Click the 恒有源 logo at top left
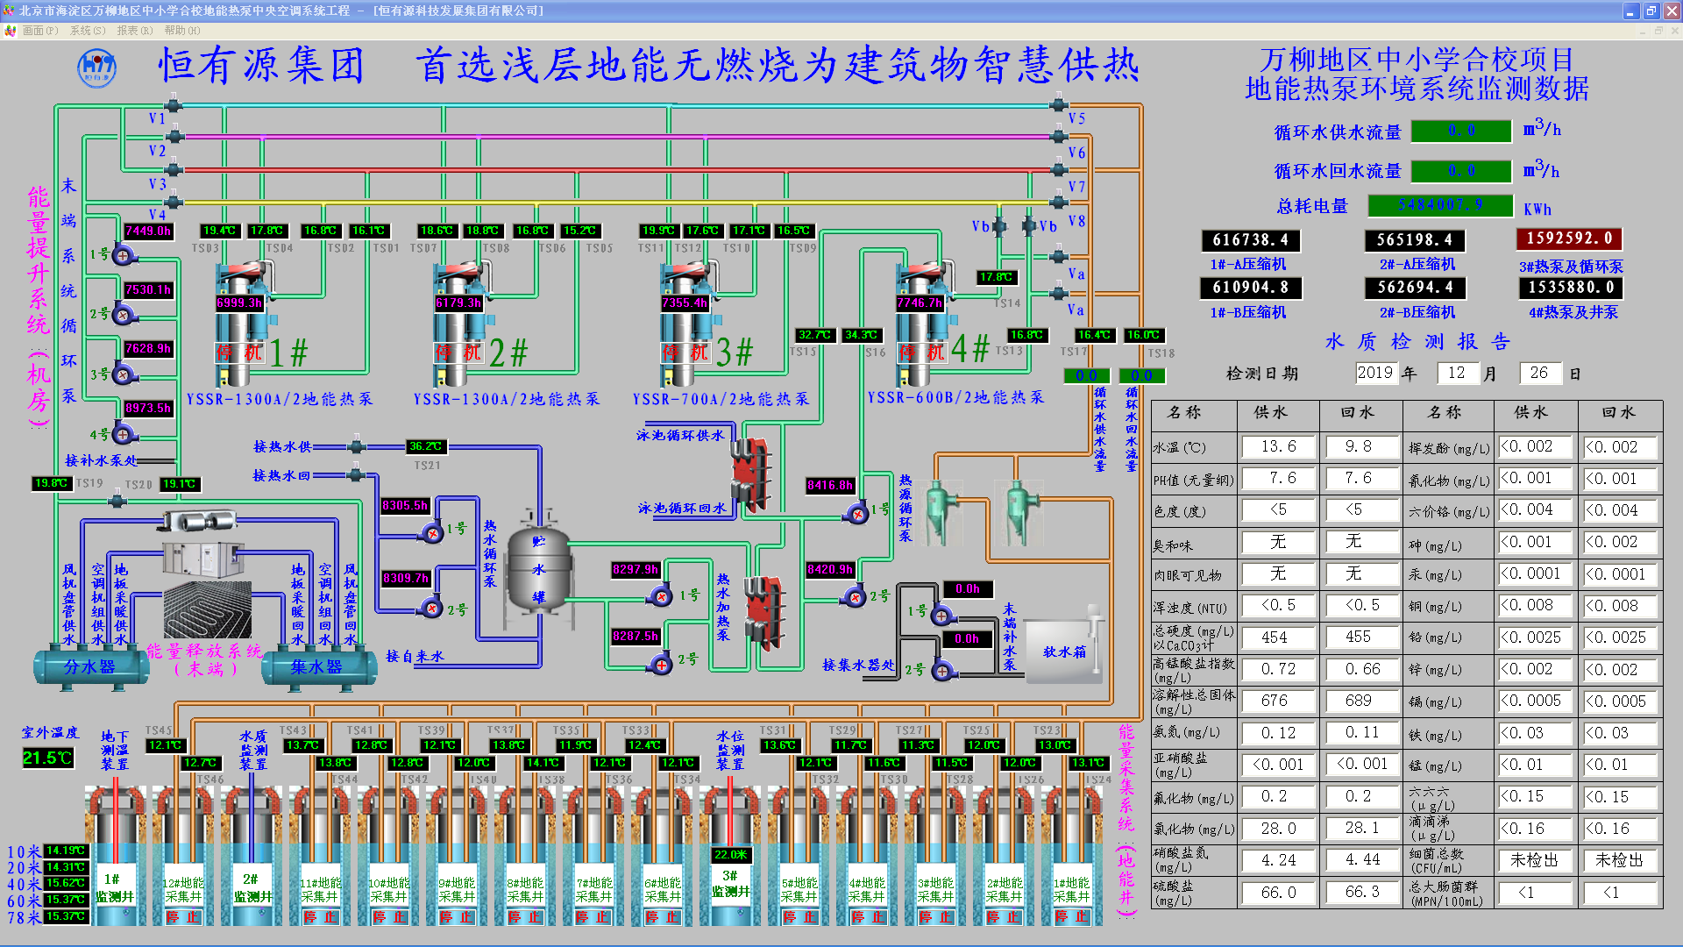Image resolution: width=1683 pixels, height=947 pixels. pyautogui.click(x=96, y=68)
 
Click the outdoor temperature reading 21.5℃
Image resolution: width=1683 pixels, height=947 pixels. pyautogui.click(x=47, y=758)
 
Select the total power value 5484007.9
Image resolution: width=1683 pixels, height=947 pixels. pyautogui.click(x=1440, y=205)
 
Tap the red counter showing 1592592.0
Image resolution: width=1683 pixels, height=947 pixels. pyautogui.click(x=1569, y=239)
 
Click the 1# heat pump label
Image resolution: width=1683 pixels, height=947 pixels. pyautogui.click(x=288, y=352)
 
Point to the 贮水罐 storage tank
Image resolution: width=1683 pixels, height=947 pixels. pyautogui.click(x=538, y=569)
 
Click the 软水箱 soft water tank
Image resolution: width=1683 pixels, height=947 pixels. pyautogui.click(x=1063, y=652)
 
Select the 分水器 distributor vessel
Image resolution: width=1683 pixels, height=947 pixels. pyautogui.click(x=89, y=666)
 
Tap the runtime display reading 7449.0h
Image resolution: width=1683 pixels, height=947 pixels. pyautogui.click(x=148, y=231)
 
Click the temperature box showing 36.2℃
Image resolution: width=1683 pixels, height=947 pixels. pyautogui.click(x=426, y=446)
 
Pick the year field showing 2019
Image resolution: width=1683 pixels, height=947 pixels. pyautogui.click(x=1374, y=373)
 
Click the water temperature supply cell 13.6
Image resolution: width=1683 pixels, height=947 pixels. pyautogui.click(x=1278, y=446)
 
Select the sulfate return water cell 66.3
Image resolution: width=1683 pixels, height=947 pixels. pyautogui.click(x=1362, y=892)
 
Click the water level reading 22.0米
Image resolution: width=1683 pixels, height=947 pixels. pyautogui.click(x=730, y=855)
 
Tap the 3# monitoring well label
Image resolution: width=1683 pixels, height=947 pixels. pyautogui.click(x=729, y=883)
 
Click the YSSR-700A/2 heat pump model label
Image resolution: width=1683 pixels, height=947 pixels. pyautogui.click(x=721, y=399)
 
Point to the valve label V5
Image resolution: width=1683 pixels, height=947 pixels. pyautogui.click(x=1076, y=118)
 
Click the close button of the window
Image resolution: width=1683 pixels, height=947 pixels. pyautogui.click(x=1672, y=11)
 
